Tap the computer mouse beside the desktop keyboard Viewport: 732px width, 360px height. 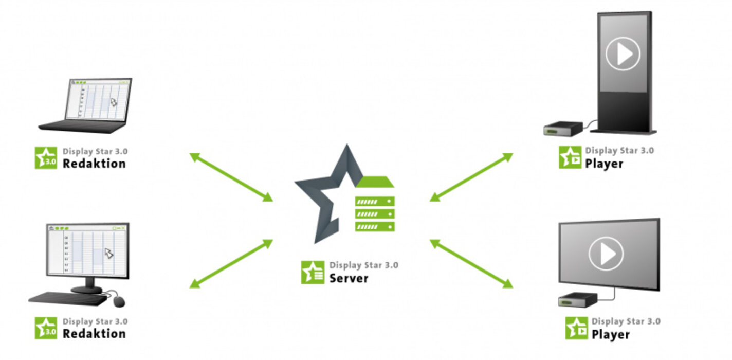(119, 300)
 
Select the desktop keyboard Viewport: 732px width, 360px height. (67, 298)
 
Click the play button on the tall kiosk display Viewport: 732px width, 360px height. (623, 53)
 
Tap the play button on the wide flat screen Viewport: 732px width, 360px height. (606, 254)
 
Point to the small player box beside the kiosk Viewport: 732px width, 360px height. (563, 128)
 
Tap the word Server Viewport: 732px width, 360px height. (349, 278)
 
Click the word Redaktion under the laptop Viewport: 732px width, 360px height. (94, 164)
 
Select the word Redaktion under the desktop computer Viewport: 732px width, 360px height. (94, 333)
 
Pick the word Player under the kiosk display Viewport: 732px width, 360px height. (604, 164)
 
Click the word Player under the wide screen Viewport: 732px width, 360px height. (610, 334)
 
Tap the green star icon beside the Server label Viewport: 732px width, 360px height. (312, 273)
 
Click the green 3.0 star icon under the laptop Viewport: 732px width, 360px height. (46, 158)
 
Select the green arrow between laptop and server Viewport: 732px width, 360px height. (231, 177)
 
